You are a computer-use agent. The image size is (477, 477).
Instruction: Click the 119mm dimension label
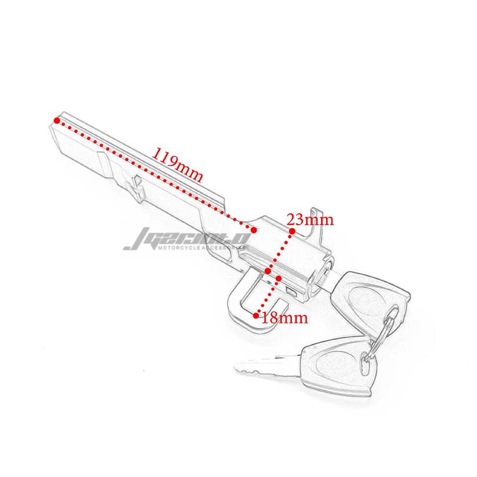[177, 164]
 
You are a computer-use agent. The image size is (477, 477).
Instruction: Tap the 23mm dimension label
[310, 219]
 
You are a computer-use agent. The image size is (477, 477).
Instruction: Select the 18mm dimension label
[285, 318]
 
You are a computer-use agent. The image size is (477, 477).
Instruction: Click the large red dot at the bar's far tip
[58, 120]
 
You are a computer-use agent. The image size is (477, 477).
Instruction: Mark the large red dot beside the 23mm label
[292, 231]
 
